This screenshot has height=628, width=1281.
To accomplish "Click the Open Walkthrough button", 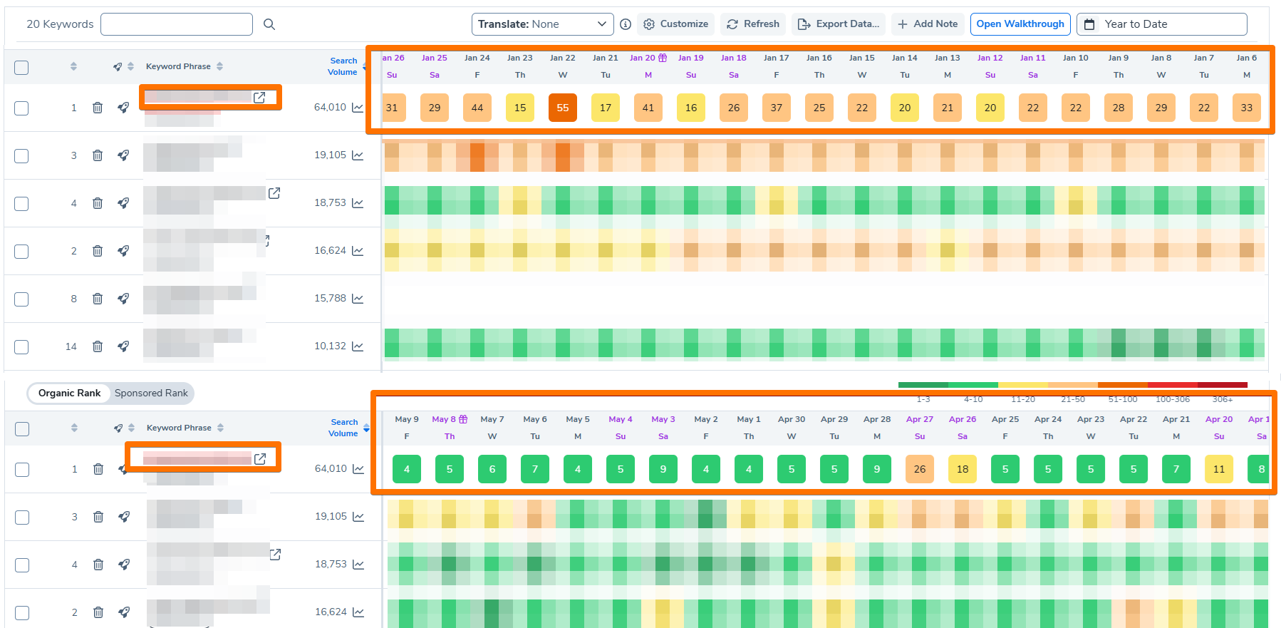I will (x=1020, y=24).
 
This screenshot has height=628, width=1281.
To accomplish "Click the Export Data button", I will (x=839, y=24).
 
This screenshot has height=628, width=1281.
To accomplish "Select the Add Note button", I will (x=927, y=24).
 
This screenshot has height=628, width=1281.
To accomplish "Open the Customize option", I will (x=676, y=24).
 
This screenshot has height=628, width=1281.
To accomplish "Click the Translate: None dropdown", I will (x=541, y=24).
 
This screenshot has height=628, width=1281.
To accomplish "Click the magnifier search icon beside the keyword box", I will (x=269, y=24).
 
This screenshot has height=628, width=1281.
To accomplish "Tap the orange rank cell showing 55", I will (x=563, y=108).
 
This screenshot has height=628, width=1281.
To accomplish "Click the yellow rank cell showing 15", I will (x=520, y=108).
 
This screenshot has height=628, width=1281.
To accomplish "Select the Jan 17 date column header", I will (x=776, y=58).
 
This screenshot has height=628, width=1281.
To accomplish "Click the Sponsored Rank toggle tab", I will (x=151, y=393).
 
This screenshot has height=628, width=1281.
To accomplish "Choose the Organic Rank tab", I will (x=69, y=393).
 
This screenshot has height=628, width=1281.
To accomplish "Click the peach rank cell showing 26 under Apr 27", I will (x=920, y=469).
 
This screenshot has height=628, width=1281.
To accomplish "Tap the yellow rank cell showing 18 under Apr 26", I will (x=963, y=469).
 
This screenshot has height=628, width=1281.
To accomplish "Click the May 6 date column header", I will (x=535, y=420).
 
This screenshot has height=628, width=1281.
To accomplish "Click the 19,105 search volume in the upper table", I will (x=330, y=155).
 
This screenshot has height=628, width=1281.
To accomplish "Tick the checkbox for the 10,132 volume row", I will (x=21, y=346).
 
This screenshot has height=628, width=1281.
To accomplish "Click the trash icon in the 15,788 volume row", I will (x=98, y=299).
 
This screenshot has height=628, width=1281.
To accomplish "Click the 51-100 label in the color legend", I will (x=1123, y=399).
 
